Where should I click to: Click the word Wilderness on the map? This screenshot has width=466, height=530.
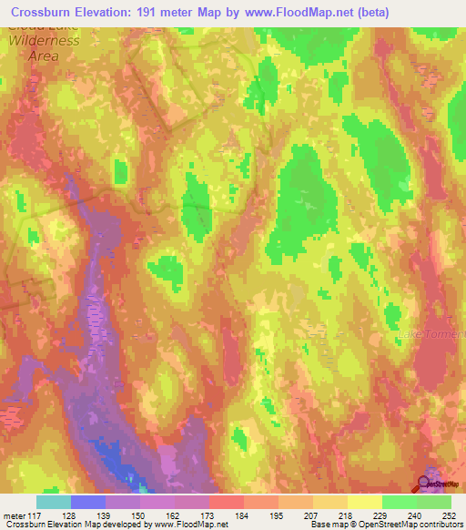(40, 41)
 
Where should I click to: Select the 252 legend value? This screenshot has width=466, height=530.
(450, 515)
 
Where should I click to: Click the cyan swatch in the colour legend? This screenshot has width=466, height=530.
(54, 502)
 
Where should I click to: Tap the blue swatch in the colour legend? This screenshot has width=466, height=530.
(88, 502)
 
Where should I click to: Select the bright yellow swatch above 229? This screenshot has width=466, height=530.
(364, 502)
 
